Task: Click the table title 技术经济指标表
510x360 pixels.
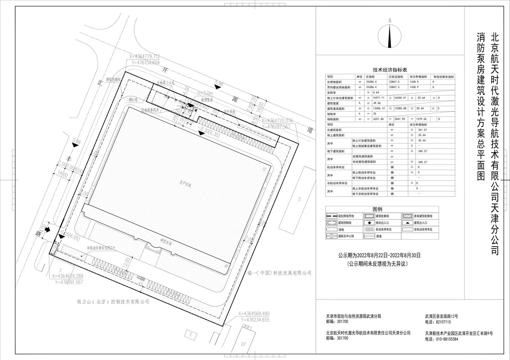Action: pos(390,70)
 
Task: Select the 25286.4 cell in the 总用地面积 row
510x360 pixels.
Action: pos(371,82)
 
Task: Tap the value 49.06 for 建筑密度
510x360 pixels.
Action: pos(377,103)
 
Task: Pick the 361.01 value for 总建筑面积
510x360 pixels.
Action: pos(422,130)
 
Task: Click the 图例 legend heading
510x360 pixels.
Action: pos(377,209)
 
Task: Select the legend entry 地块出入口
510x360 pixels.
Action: pos(382,223)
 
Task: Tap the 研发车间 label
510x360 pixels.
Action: pos(166,242)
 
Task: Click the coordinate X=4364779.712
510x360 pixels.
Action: pos(144,57)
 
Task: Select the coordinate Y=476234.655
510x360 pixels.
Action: pos(255,320)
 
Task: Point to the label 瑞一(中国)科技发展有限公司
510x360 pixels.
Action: pos(280,273)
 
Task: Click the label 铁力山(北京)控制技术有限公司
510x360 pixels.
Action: pos(113,302)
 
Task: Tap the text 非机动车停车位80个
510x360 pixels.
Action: pos(101,248)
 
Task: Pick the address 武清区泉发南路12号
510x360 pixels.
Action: pos(442,317)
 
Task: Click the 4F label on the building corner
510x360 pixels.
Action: pos(226,266)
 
